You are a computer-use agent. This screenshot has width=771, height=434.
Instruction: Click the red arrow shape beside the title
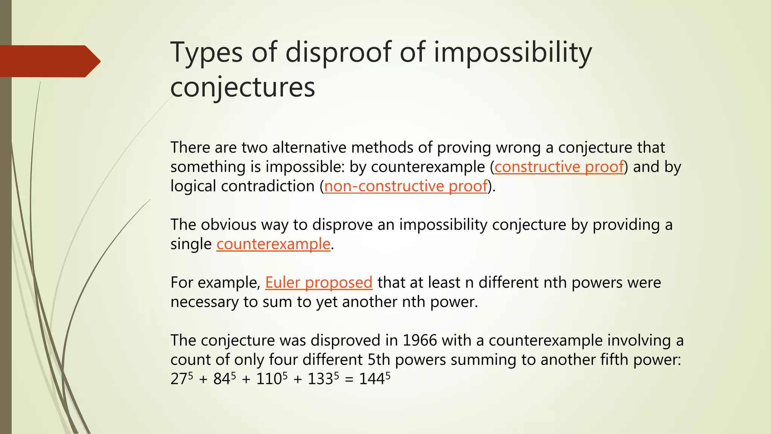point(49,61)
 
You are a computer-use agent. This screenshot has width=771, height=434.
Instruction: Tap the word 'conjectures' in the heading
point(242,87)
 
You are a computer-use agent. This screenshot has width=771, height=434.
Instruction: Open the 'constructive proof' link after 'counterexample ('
point(559,167)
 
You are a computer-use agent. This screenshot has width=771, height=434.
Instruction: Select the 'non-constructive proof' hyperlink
point(406,186)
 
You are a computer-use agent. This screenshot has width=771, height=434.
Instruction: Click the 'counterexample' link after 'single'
point(273,244)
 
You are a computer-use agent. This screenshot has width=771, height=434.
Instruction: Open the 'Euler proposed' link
point(318,283)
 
